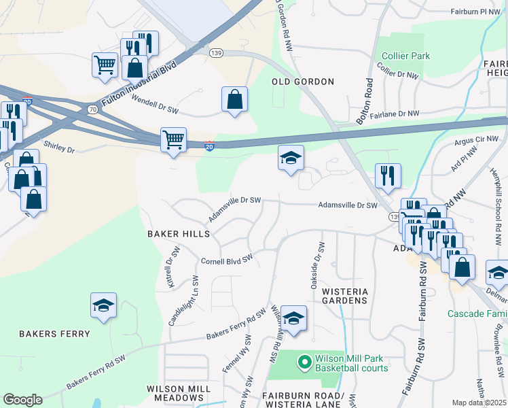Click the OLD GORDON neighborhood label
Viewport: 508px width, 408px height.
click(303, 82)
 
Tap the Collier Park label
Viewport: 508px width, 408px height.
click(405, 56)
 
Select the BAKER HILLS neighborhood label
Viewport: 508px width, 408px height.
click(179, 233)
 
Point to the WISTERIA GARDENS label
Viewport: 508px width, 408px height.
click(344, 296)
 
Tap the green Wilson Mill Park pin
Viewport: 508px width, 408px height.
click(304, 361)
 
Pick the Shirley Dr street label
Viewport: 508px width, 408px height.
click(58, 146)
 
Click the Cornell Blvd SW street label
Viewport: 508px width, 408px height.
click(227, 260)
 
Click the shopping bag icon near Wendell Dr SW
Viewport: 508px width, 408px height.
click(234, 99)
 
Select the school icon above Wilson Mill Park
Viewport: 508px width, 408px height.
click(293, 318)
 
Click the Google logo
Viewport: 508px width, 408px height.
click(22, 400)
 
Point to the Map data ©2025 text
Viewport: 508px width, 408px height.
click(479, 403)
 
